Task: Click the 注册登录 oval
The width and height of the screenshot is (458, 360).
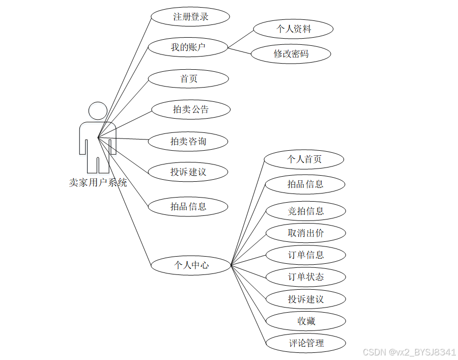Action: (191, 16)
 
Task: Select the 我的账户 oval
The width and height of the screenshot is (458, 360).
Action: (187, 48)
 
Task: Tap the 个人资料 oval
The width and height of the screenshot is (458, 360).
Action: (293, 29)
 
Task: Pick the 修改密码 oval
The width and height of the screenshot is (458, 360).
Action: (291, 53)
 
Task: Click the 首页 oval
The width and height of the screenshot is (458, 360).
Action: (189, 79)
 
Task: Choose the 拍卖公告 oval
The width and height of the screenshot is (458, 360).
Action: (191, 109)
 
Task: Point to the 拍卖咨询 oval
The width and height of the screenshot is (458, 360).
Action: (188, 141)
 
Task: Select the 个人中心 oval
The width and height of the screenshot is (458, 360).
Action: (191, 265)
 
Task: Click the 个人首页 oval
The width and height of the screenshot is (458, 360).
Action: (304, 159)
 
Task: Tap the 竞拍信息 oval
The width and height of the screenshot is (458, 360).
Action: (306, 211)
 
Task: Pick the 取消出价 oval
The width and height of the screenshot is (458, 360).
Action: (306, 233)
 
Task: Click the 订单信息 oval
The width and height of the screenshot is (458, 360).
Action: (306, 255)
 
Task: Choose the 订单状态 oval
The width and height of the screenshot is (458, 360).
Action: (306, 277)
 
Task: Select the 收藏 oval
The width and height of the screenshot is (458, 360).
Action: (306, 321)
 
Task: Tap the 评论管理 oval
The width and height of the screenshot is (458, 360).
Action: (306, 343)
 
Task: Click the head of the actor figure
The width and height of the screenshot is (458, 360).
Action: (98, 112)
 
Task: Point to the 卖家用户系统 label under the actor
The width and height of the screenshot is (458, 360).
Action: (98, 182)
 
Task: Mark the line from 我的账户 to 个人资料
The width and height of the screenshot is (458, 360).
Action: (240, 39)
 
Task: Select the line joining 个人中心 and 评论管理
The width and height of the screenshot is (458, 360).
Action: (248, 304)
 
